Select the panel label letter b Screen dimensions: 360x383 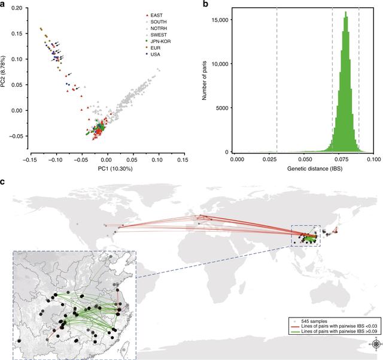[207, 5]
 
